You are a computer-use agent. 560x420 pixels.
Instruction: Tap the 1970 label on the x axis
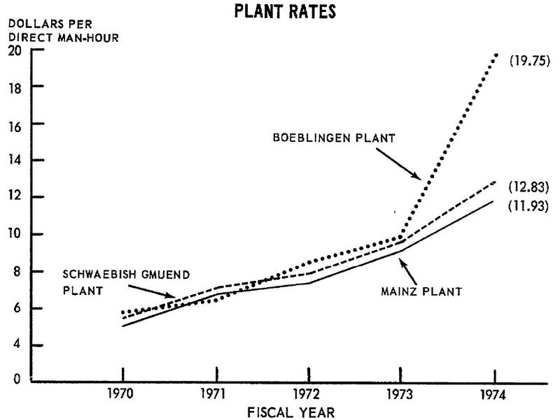coord(122,393)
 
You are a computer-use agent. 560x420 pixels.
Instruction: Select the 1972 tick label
coord(308,393)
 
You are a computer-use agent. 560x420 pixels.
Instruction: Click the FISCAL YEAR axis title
coord(293,412)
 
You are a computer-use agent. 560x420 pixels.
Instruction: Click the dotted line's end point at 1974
coord(496,54)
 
